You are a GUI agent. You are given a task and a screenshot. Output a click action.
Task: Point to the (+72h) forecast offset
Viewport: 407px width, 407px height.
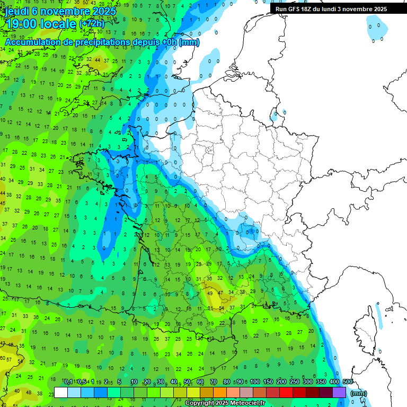pyautogui.click(x=92, y=24)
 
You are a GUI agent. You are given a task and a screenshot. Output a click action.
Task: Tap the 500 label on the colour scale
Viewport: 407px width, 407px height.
pyautogui.click(x=348, y=382)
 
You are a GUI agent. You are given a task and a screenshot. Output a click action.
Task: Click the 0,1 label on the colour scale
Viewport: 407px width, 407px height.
pyautogui.click(x=68, y=382)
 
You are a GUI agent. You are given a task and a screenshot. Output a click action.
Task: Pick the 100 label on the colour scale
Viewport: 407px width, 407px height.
pyautogui.click(x=255, y=382)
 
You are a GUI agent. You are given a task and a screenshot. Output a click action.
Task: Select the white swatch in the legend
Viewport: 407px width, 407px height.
pyautogui.click(x=61, y=393)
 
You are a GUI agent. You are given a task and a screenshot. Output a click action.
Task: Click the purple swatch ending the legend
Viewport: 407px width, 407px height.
pyautogui.click(x=339, y=393)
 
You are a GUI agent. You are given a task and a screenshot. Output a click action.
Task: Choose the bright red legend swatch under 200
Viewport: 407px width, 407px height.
pyautogui.click(x=286, y=393)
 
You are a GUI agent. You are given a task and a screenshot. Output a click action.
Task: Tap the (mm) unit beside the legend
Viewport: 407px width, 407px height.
pyautogui.click(x=359, y=393)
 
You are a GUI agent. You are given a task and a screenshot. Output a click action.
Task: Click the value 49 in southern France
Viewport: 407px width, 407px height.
pyautogui.click(x=210, y=293)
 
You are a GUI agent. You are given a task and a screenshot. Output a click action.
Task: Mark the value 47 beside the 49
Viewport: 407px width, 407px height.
pyautogui.click(x=220, y=293)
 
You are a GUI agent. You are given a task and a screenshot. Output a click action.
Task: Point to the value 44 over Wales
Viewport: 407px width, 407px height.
pyautogui.click(x=98, y=60)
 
